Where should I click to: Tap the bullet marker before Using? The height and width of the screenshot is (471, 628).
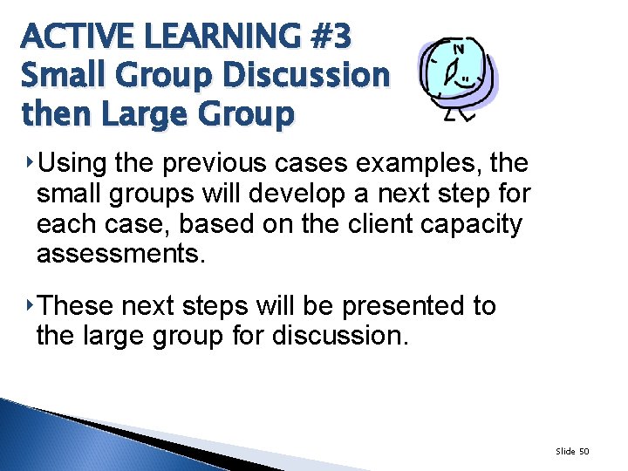tap(31, 162)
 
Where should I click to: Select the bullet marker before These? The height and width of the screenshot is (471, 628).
tap(31, 305)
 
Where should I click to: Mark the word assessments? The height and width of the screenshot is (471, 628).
tap(120, 254)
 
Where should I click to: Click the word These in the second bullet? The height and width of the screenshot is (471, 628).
tap(78, 306)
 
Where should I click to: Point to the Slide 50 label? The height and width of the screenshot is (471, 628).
tap(572, 451)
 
